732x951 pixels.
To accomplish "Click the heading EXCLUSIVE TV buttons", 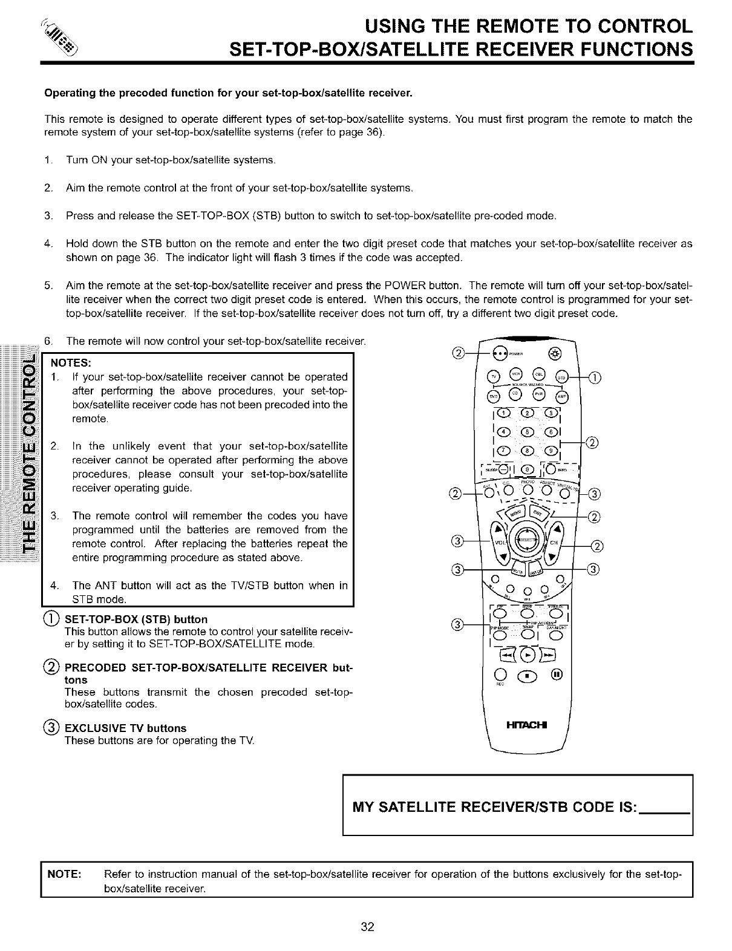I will coord(125,728).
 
